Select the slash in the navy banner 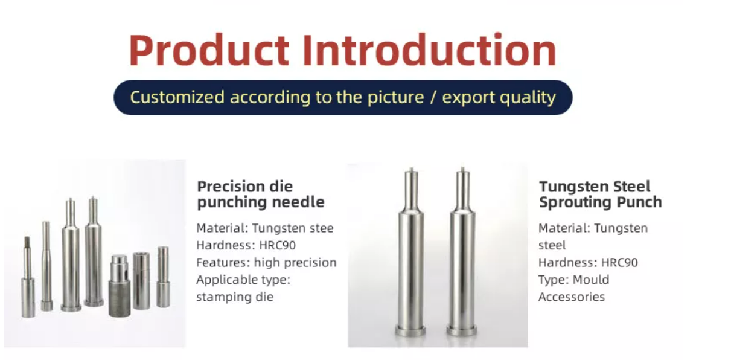[433, 97]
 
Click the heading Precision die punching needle [261, 194]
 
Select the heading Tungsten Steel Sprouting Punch [601, 194]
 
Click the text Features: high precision [266, 262]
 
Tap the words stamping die [235, 297]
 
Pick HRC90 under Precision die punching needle [278, 245]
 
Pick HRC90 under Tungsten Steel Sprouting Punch [619, 262]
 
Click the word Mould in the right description [591, 280]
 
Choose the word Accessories [572, 297]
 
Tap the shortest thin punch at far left [28, 277]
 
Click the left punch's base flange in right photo [410, 330]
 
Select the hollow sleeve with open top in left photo [141, 281]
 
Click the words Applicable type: [243, 280]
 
